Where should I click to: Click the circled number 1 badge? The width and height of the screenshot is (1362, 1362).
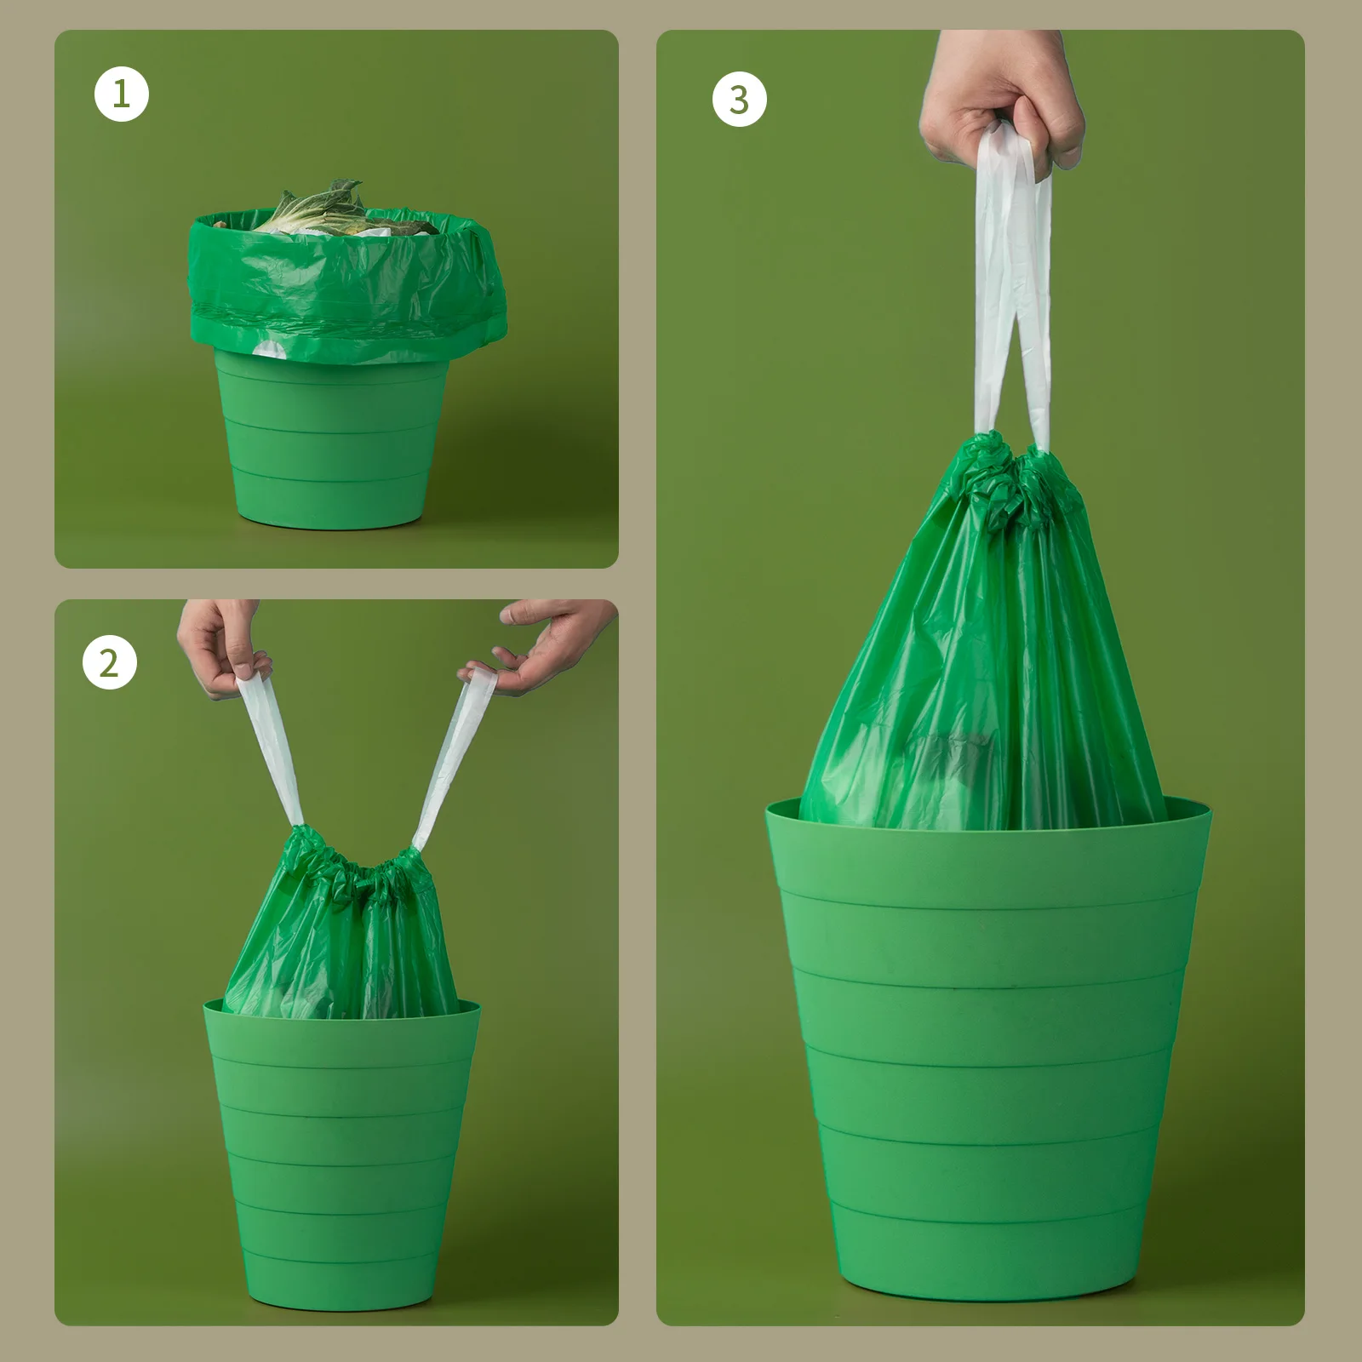click(121, 94)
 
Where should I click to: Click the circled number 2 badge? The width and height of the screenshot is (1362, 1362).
click(110, 662)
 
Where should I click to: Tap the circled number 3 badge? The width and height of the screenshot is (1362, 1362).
click(739, 100)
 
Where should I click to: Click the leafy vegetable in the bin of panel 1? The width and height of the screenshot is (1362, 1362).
click(315, 209)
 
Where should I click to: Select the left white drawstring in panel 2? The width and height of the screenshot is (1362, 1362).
click(271, 749)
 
